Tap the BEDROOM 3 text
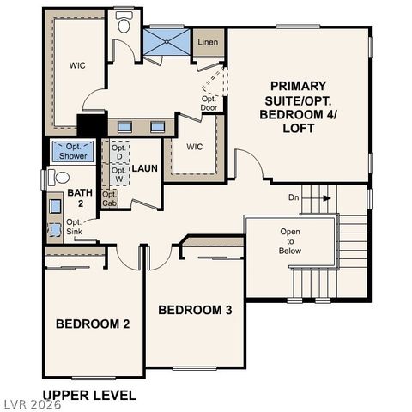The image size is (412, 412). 195,309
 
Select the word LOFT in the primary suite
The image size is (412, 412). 297,128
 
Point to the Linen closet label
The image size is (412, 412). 207,42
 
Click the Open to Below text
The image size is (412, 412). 290,242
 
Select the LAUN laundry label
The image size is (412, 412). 144,168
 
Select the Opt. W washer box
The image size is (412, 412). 118,175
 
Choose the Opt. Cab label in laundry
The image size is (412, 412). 109,199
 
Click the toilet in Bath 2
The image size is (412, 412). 58,178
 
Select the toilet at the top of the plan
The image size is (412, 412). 124,24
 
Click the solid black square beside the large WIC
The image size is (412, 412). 87,124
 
